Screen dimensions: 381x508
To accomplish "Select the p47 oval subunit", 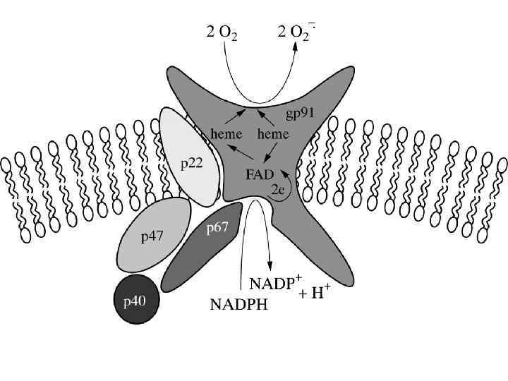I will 153,234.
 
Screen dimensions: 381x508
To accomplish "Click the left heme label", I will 226,133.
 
